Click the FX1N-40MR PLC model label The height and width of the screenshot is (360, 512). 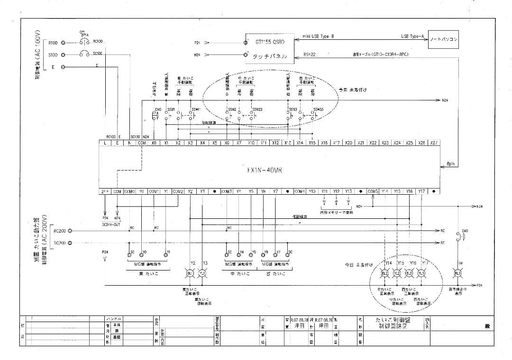[265, 170]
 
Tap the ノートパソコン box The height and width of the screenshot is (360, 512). [443, 40]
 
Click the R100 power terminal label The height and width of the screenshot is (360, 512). [53, 43]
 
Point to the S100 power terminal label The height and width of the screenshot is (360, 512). [53, 55]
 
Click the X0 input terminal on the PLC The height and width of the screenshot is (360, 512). [154, 143]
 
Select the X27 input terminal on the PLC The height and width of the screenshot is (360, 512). [433, 143]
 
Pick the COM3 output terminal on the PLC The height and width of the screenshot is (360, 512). [226, 191]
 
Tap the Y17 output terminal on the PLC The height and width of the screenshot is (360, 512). [421, 191]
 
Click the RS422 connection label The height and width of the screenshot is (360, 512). [310, 54]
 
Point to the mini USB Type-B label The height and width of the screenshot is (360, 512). [318, 36]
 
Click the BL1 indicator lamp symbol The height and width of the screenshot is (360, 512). [190, 273]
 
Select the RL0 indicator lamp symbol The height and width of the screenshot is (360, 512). [458, 273]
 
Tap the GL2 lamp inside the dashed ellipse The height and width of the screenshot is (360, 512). [384, 273]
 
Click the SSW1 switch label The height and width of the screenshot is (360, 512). [171, 109]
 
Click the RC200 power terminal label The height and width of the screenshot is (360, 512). [59, 231]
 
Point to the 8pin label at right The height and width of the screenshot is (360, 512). [450, 164]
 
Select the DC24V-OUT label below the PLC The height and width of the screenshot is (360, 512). [111, 223]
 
